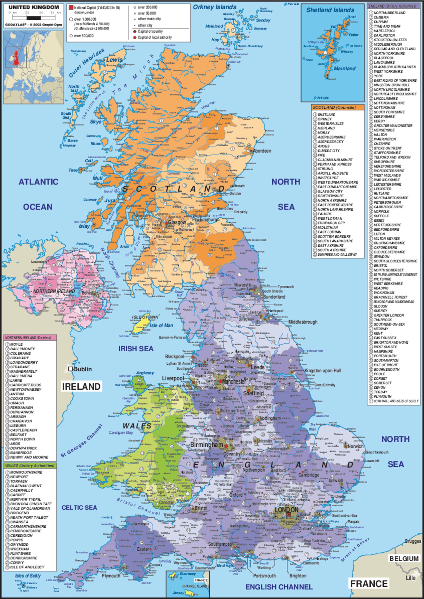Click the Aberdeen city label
point(262,151)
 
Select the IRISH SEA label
point(136,349)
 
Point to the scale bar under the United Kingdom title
point(34,18)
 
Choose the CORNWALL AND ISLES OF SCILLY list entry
point(396,401)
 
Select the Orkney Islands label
point(214,7)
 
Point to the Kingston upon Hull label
point(323,370)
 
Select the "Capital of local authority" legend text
point(155,37)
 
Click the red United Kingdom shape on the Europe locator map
point(17,58)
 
